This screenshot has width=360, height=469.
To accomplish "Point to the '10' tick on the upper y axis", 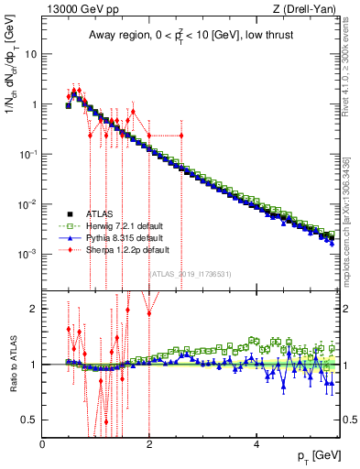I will [x=30, y=54].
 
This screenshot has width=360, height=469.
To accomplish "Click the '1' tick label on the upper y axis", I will [x=33, y=104].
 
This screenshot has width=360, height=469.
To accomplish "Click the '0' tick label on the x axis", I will [x=42, y=444].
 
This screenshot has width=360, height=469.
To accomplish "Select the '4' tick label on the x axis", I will [x=256, y=444].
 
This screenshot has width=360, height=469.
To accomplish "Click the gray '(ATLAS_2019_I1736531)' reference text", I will [x=191, y=272].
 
